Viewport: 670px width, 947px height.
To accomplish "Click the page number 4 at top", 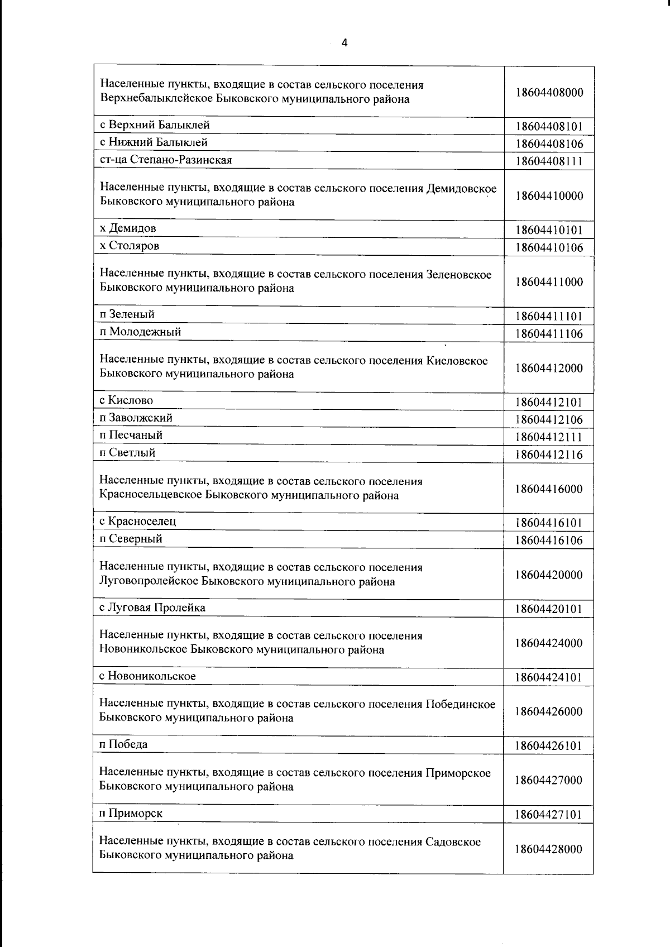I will tap(344, 43).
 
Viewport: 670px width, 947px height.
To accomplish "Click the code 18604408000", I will tap(549, 93).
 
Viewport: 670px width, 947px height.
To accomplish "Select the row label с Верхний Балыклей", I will tap(155, 125).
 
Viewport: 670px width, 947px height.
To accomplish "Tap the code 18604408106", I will tap(549, 144).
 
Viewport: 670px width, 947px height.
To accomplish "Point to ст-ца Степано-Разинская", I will tap(166, 160).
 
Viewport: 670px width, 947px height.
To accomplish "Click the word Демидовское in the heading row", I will tap(461, 188).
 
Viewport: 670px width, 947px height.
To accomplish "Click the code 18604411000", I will tap(549, 282).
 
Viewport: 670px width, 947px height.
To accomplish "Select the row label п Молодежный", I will tap(140, 332).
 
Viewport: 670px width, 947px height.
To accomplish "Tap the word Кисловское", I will tap(457, 361).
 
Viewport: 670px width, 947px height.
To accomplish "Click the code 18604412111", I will tap(549, 437).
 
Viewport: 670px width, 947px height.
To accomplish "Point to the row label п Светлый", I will tap(127, 453).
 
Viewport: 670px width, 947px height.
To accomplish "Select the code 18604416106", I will tap(549, 541).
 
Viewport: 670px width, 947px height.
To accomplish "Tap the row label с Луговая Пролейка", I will tap(152, 608).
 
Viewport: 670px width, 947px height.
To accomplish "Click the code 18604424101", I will tap(549, 678).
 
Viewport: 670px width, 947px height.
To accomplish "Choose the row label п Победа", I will tap(123, 744).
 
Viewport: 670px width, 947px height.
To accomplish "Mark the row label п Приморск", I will tap(131, 813).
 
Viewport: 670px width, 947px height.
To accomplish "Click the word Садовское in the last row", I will tap(453, 841).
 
